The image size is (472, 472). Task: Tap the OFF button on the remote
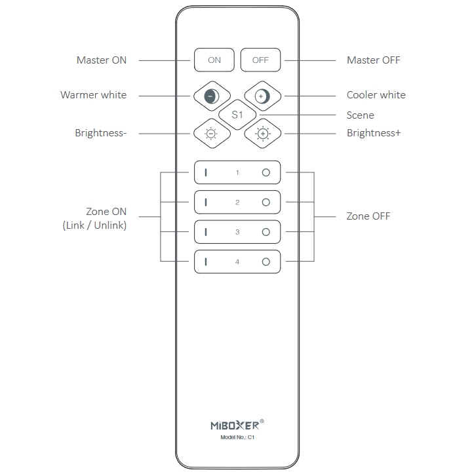click(x=260, y=60)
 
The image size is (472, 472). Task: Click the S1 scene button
click(x=237, y=115)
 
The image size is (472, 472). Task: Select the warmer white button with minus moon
click(x=212, y=96)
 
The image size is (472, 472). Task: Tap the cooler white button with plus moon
click(x=262, y=96)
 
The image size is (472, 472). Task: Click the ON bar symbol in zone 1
click(x=206, y=172)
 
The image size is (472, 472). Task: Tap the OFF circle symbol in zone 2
click(x=265, y=203)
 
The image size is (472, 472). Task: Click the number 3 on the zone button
click(x=237, y=232)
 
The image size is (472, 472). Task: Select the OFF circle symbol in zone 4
click(x=265, y=262)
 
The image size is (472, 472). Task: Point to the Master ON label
click(x=102, y=60)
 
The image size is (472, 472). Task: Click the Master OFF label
click(x=374, y=60)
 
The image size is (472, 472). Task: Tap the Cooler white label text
click(x=376, y=95)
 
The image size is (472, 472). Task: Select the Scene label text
click(x=361, y=115)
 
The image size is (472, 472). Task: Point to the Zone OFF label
click(x=368, y=216)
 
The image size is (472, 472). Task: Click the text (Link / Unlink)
click(x=94, y=225)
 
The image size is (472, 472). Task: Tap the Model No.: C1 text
click(x=237, y=437)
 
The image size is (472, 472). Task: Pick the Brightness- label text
click(x=101, y=133)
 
